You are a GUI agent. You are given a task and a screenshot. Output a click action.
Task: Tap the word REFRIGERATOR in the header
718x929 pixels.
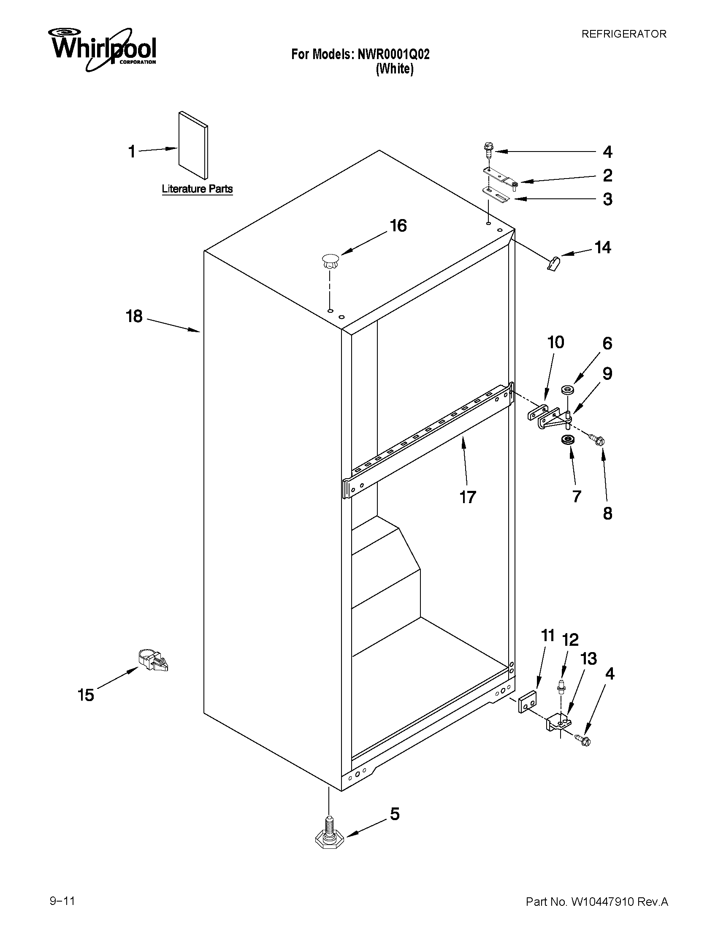623,34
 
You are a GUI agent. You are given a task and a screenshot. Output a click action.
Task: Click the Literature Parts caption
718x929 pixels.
198,189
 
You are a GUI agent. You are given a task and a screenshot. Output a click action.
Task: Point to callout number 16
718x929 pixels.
398,226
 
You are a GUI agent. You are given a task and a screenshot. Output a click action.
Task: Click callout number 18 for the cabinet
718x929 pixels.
134,317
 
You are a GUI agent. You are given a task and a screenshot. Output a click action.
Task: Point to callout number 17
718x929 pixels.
467,497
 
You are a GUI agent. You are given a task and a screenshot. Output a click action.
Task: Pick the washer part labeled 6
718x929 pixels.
566,389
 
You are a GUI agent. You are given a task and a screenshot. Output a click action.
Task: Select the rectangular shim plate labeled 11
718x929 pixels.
528,704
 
